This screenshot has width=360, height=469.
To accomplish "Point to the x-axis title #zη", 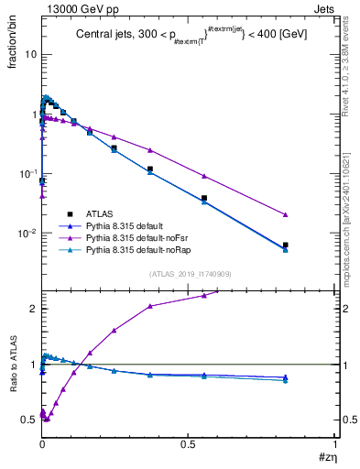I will coord(326,456).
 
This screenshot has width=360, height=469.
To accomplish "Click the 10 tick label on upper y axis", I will coord(29,54).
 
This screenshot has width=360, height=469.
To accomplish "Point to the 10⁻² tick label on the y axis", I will coord(27,233).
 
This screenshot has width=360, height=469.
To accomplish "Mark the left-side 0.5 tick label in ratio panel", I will coord(28,420).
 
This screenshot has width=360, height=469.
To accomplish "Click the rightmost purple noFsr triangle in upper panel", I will coord(286,214).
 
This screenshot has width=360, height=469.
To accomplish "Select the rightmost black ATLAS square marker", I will coord(286,245).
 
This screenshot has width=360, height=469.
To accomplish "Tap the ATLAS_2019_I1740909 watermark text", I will coord(189,274).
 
